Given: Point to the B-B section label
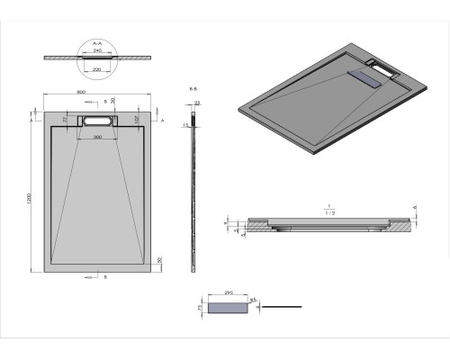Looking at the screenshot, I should tap(193, 90).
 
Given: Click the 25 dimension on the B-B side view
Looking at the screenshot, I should tap(196, 105).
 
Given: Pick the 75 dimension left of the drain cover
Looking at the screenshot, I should tap(201, 307).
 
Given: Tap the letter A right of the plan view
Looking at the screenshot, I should tap(162, 118).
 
